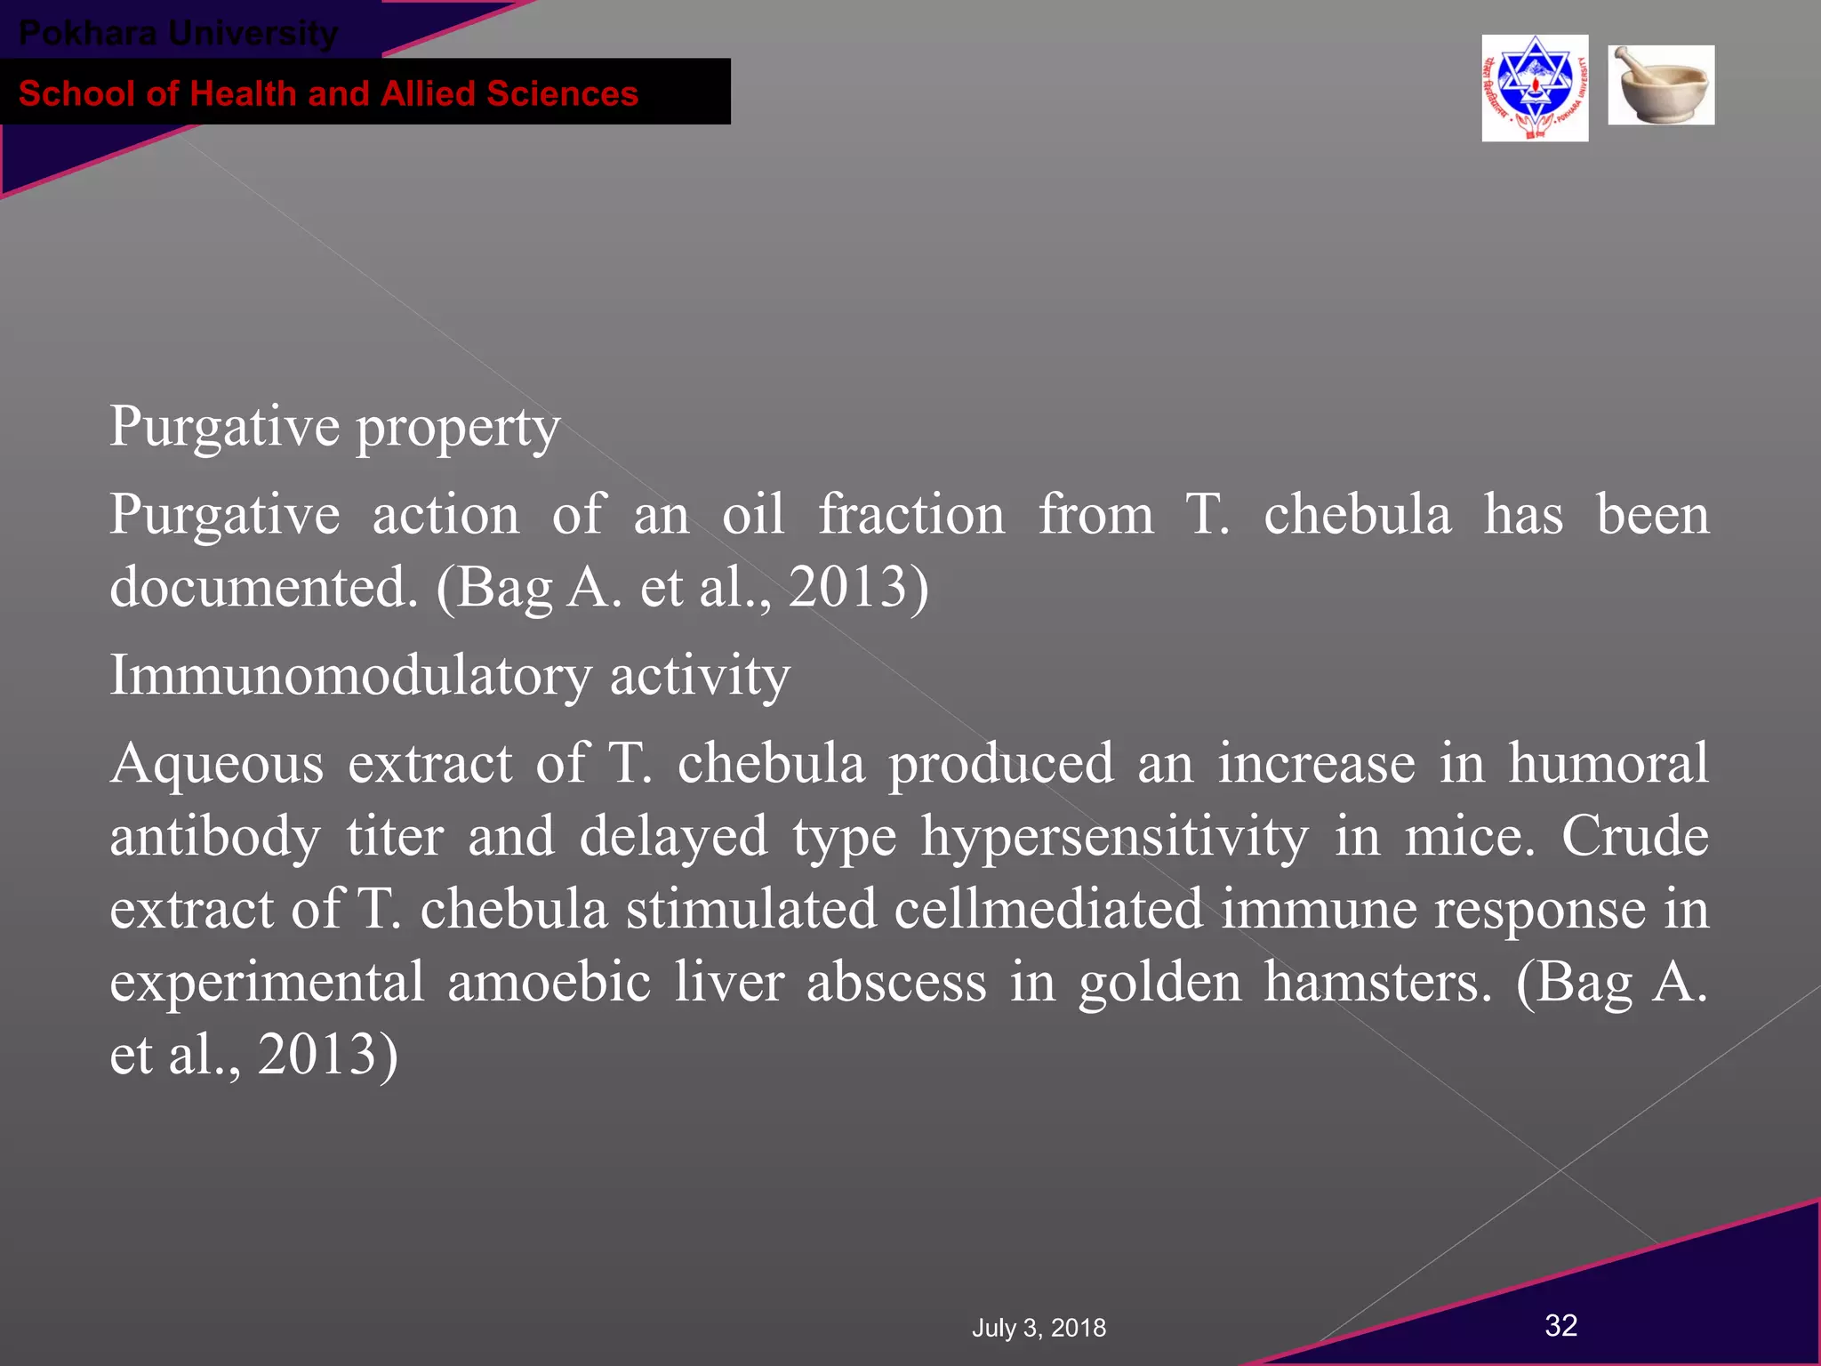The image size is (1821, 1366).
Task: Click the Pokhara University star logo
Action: point(1535,88)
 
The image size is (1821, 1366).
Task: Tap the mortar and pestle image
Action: point(1661,85)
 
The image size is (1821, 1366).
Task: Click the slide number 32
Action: point(1561,1325)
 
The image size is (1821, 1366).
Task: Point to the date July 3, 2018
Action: point(1039,1328)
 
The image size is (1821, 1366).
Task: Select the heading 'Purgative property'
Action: point(334,427)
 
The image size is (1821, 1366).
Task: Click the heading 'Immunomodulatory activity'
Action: point(450,676)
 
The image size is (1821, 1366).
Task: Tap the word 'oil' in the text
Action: point(753,516)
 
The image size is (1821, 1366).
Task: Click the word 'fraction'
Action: point(911,516)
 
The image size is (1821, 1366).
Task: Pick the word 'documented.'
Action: point(263,588)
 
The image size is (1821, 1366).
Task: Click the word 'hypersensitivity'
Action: point(1114,838)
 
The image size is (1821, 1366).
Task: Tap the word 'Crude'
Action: point(1634,838)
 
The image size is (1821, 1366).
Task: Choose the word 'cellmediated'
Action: point(1048,910)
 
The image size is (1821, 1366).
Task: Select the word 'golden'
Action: point(1159,983)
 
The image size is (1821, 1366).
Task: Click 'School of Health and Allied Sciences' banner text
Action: point(328,93)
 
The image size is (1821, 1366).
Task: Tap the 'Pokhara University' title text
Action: point(178,34)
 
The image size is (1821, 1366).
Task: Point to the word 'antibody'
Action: point(214,838)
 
